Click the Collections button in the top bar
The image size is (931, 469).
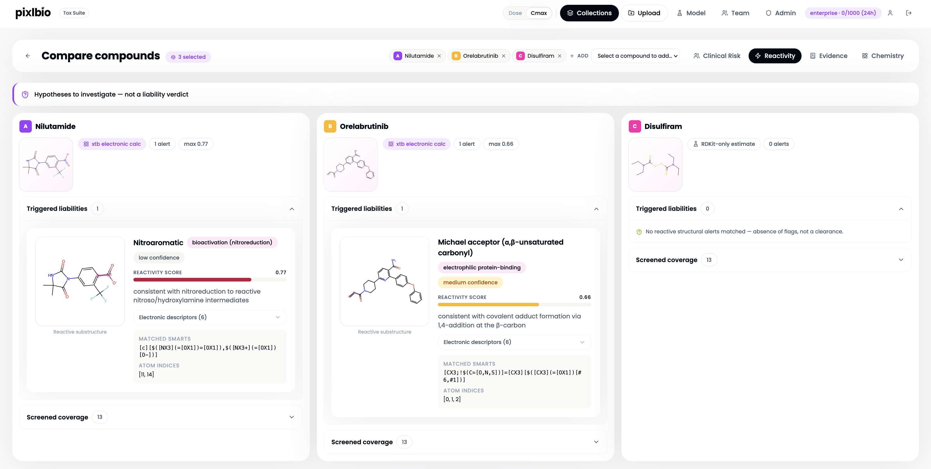(x=589, y=13)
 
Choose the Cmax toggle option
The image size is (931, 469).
(x=538, y=13)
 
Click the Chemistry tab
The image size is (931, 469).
(x=883, y=56)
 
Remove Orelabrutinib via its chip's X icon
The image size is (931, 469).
(x=503, y=56)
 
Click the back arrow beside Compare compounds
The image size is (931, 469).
(x=28, y=56)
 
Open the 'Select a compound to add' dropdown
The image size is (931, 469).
(x=635, y=56)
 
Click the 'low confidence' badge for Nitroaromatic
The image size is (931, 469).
(x=159, y=258)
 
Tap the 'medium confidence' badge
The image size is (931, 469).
(x=470, y=282)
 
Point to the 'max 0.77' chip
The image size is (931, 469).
(x=196, y=144)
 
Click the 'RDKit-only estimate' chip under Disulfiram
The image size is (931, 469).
(x=724, y=144)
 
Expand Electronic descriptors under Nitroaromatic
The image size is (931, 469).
(x=210, y=317)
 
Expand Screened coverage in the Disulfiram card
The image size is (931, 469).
(x=770, y=260)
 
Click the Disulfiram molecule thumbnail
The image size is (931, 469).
(x=655, y=164)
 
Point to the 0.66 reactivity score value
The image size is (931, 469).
(x=585, y=297)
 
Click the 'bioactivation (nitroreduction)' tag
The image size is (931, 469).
(x=232, y=242)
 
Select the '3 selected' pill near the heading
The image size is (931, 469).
(x=188, y=57)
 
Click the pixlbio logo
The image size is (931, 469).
(x=33, y=13)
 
